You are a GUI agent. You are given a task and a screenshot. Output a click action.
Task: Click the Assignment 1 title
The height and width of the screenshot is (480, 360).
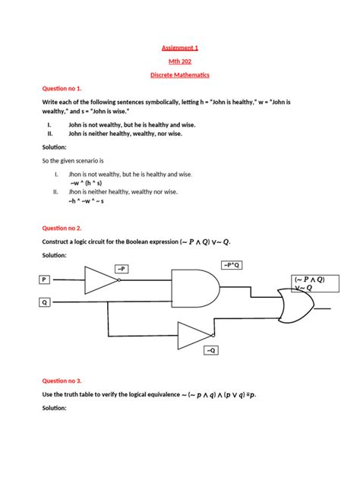[x=180, y=47]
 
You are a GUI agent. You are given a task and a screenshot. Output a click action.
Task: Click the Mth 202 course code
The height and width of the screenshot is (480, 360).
[x=180, y=62]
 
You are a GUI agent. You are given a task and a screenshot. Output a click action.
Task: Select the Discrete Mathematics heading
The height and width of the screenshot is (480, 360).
[x=180, y=76]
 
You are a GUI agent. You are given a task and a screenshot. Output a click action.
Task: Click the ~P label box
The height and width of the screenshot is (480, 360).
[x=122, y=268]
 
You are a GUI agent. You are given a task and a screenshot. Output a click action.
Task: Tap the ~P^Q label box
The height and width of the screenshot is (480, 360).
[x=232, y=264]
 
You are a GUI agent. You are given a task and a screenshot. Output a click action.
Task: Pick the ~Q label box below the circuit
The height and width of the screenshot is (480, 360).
[x=211, y=350]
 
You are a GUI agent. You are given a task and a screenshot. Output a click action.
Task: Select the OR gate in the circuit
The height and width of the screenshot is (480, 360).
[x=295, y=308]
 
